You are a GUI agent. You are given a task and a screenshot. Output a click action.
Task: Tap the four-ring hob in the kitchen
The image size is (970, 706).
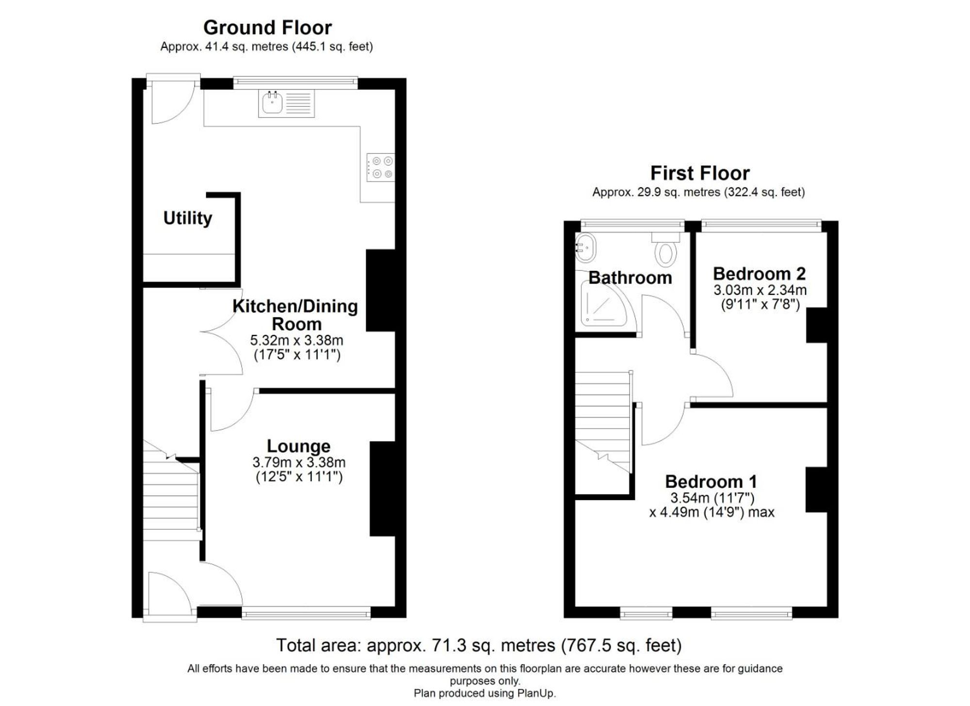click(x=381, y=167)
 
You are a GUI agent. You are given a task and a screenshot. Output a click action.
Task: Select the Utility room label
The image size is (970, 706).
click(x=188, y=218)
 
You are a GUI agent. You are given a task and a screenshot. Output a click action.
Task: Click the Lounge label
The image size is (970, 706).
click(x=299, y=446)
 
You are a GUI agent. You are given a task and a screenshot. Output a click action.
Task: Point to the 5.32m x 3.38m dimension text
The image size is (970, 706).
click(x=296, y=340)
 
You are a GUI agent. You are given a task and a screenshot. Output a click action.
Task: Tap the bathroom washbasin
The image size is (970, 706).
click(x=586, y=247)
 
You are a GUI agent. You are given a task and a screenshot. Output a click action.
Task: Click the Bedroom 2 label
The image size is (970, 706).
click(x=759, y=274)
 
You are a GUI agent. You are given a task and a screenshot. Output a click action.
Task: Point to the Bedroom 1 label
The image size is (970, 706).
click(x=711, y=481)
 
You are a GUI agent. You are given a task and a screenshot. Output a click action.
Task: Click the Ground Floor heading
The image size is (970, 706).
click(x=267, y=28)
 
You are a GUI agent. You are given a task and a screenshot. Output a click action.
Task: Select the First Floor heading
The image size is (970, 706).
click(x=699, y=173)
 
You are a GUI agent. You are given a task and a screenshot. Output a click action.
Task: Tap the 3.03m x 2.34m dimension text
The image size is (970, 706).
click(x=760, y=290)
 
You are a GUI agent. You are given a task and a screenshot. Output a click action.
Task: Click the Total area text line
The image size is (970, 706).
click(x=479, y=645)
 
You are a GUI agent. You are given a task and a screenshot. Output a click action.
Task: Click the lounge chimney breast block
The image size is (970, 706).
click(x=383, y=489)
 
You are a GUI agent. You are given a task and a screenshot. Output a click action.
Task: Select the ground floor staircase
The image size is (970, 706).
click(x=171, y=495)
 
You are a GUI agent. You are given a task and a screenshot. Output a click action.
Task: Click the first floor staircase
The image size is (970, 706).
click(x=603, y=420)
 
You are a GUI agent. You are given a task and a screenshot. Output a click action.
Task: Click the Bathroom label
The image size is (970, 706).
click(x=630, y=278)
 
